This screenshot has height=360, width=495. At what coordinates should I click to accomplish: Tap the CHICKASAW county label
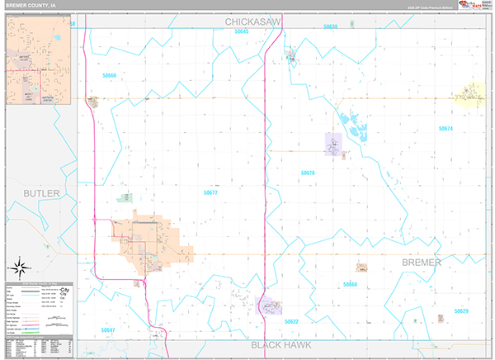(255, 20)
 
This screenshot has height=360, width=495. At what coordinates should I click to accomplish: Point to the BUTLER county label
(41, 193)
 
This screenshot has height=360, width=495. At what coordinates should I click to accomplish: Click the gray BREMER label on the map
(421, 262)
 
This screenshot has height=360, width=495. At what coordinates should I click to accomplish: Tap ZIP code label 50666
(110, 75)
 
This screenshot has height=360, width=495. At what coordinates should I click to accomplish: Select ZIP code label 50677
(210, 192)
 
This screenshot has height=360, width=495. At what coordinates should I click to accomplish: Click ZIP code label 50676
(308, 173)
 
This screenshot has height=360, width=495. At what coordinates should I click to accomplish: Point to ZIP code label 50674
(445, 129)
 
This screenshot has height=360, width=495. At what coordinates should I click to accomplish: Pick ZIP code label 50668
(350, 284)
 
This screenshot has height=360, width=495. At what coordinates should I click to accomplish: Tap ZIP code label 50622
(290, 321)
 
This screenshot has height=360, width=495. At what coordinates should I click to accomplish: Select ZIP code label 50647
(108, 329)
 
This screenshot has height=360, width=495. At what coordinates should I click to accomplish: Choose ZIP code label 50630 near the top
(330, 26)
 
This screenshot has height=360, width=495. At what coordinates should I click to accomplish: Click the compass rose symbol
(20, 267)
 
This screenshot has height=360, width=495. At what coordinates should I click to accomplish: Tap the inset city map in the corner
(40, 61)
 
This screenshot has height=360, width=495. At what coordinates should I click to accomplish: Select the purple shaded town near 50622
(269, 306)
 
